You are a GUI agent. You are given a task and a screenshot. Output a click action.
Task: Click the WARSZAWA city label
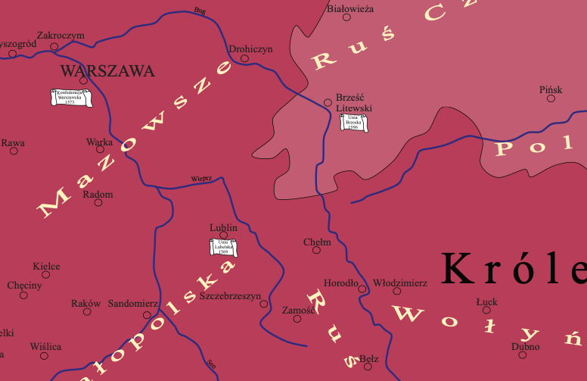coord(107,72)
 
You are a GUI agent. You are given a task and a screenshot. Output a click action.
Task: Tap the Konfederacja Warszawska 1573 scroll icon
coord(70,98)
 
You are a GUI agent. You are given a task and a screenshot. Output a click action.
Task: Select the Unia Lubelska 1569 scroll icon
coord(223,247)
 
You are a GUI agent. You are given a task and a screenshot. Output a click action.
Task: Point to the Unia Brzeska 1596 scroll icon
coord(353,123)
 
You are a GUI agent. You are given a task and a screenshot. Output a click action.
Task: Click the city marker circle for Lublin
coord(224,236)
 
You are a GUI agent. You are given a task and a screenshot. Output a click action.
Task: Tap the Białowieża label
coord(349,9)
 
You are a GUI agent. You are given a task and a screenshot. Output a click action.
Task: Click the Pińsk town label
coord(551,89)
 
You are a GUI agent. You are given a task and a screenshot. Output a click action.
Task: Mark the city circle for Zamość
coord(297,318)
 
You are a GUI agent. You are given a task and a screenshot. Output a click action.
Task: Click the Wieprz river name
coord(201,180)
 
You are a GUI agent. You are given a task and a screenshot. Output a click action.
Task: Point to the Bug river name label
coord(200,11)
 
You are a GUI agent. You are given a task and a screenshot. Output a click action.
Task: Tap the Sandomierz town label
coord(133,303)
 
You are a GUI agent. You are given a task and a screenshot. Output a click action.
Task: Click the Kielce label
coord(46,266)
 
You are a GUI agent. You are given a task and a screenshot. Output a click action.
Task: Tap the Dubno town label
coord(525,347)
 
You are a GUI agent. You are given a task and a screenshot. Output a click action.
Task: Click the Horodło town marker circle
coord(362,289)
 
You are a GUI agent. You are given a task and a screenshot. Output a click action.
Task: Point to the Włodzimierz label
coord(400,283)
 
